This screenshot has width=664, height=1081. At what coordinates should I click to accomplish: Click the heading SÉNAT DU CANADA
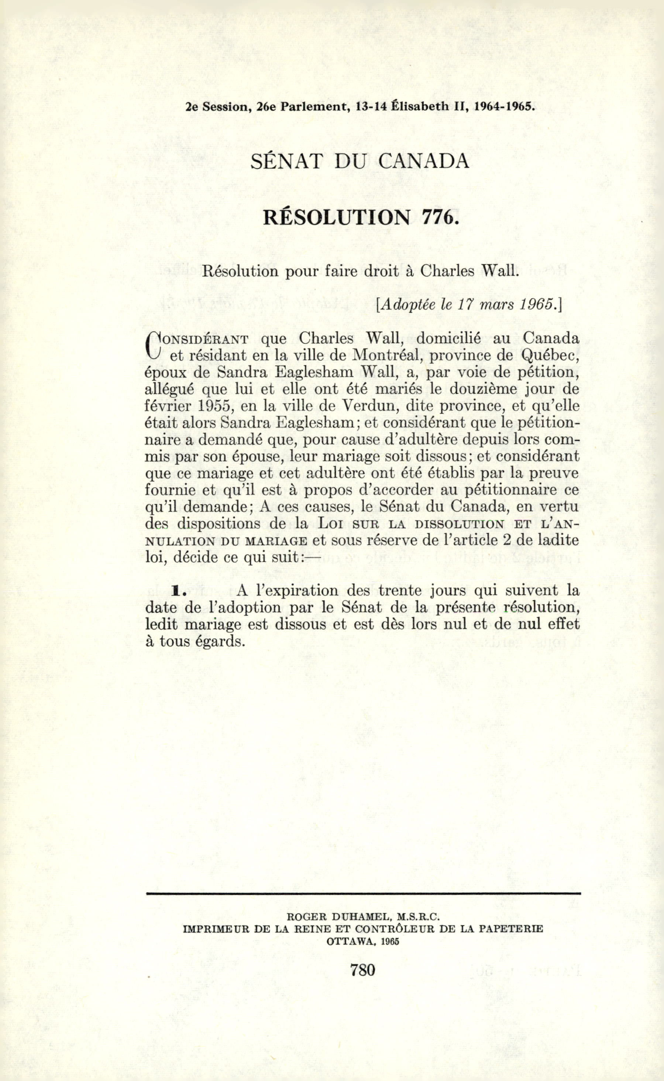[x=359, y=162]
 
